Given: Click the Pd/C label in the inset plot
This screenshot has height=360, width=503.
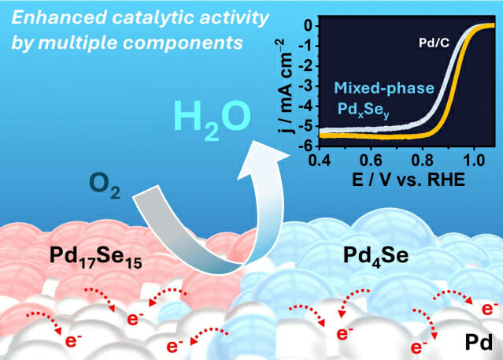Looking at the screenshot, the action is [434, 43].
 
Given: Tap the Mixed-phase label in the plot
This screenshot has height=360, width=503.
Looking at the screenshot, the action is [384, 88].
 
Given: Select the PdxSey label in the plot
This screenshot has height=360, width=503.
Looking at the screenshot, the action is [364, 109].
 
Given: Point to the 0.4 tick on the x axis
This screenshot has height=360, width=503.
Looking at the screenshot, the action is [320, 160].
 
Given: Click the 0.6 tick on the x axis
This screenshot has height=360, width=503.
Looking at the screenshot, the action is [371, 160].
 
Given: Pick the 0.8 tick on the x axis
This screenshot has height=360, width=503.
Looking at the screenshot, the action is [422, 160].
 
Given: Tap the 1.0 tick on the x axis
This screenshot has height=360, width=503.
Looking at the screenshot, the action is [474, 160].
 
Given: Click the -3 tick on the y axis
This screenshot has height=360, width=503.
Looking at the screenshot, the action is [307, 86].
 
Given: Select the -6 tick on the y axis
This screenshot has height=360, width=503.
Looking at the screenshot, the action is [307, 146].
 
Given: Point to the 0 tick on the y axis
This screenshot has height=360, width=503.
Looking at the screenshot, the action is [310, 26].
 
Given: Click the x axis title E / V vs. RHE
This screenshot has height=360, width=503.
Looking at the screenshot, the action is [409, 180].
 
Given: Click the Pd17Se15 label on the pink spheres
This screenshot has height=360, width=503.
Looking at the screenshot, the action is [95, 257].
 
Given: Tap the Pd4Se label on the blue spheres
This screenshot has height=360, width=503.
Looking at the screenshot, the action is [376, 256].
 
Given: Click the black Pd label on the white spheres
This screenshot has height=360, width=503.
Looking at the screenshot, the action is [479, 343].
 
